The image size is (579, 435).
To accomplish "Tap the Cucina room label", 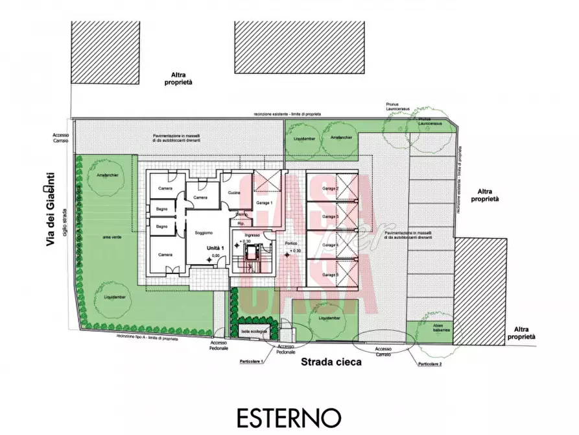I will pos(234,192).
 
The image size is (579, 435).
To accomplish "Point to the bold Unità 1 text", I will pos(215,248).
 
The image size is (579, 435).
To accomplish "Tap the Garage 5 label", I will pos(331,275).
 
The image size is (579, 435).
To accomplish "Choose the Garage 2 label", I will pos(331,189).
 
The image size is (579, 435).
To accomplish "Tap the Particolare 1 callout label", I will pos(250,360).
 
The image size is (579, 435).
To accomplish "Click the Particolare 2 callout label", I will pos(429,364).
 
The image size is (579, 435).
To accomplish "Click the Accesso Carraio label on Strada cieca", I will pos(384,350).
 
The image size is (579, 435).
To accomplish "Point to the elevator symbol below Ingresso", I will pos(252,250).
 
